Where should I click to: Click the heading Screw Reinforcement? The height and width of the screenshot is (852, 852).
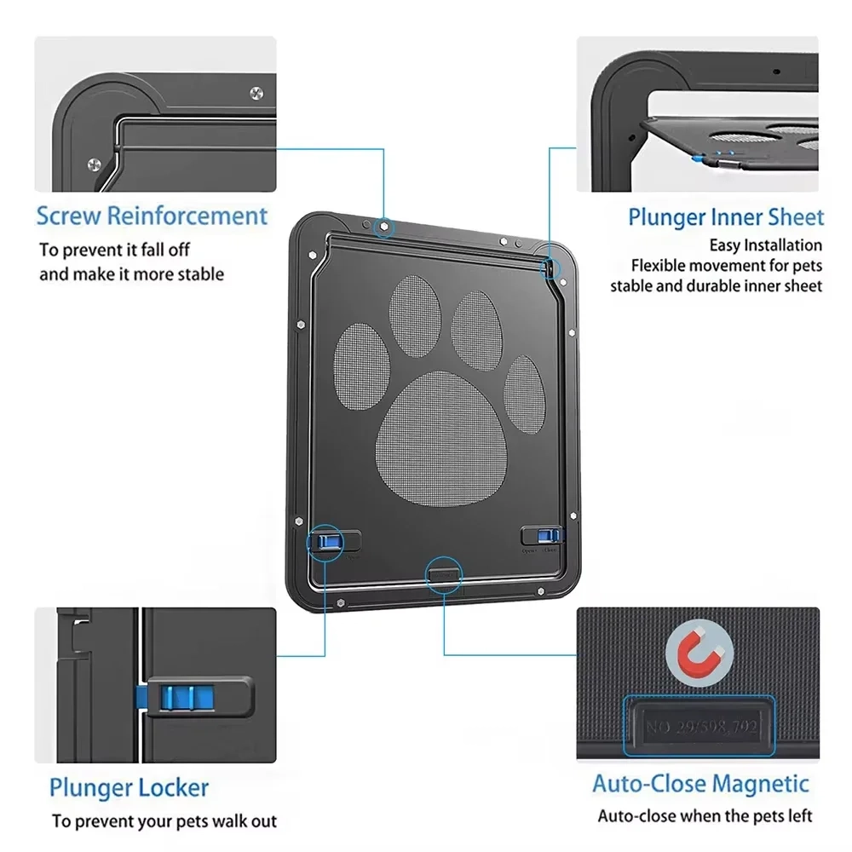[152, 216]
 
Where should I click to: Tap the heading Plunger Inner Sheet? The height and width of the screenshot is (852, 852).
[726, 217]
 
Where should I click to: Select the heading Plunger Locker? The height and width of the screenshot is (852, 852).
[128, 787]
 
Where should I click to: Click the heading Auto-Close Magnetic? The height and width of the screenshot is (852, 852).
[700, 783]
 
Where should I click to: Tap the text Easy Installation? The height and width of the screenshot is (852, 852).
[766, 245]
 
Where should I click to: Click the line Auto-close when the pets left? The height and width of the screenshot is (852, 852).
[705, 816]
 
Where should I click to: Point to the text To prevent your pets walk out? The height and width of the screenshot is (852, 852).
[164, 821]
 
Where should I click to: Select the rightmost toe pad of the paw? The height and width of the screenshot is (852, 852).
[524, 391]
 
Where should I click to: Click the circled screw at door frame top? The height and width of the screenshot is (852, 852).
[384, 227]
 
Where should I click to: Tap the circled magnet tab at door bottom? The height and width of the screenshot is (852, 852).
[444, 571]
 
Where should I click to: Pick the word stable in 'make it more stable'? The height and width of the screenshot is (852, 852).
[197, 274]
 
